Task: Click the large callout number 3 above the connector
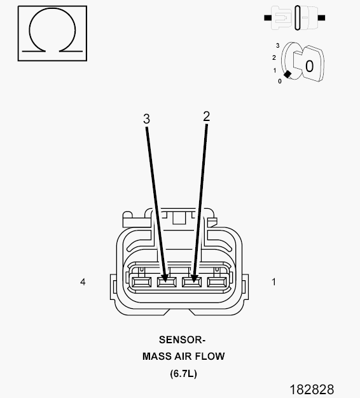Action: (x=146, y=119)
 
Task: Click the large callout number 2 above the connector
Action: (x=207, y=117)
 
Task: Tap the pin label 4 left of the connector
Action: (x=83, y=281)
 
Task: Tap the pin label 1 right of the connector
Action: (x=273, y=281)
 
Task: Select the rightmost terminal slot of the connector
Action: (x=217, y=282)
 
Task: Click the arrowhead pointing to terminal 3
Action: (x=165, y=278)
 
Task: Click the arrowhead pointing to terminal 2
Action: (x=194, y=278)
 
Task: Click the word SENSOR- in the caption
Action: (x=182, y=340)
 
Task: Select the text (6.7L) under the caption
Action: (x=183, y=374)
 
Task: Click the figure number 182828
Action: (x=312, y=389)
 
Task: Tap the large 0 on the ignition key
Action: (x=309, y=66)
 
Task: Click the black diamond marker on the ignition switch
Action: (x=287, y=75)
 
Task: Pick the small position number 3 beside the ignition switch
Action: (x=277, y=45)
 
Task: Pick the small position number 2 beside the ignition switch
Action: (x=274, y=57)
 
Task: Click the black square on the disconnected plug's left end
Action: (x=268, y=18)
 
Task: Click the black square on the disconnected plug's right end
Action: (x=321, y=18)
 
